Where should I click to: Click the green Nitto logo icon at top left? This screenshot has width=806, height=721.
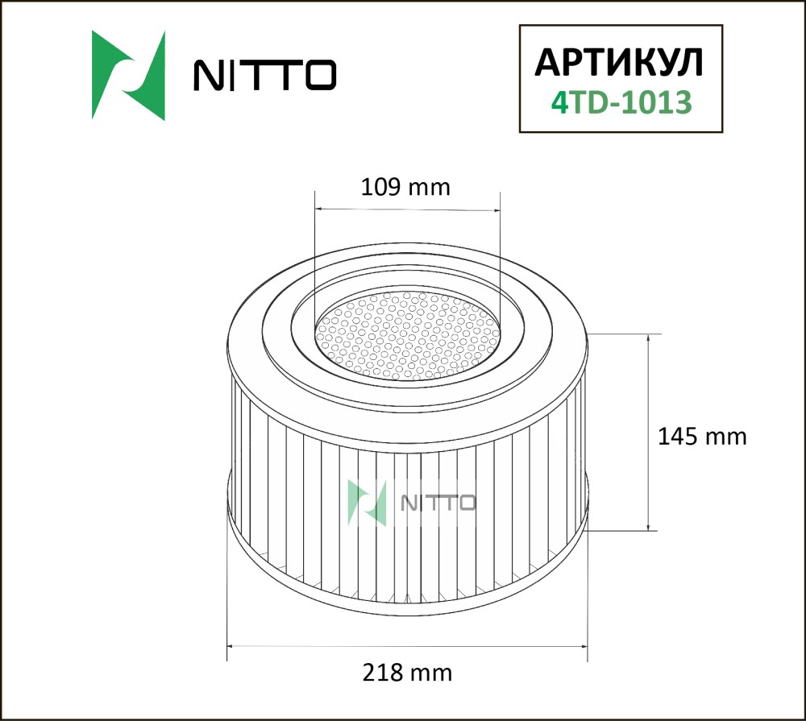pos(128,76)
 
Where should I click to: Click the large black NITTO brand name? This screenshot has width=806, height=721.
pos(264,75)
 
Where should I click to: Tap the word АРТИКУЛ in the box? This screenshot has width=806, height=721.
pos(619,63)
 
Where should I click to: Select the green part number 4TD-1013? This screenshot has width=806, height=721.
pos(621,102)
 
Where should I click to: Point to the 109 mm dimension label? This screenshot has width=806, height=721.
pos(405,187)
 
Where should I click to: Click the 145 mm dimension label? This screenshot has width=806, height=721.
pos(702,437)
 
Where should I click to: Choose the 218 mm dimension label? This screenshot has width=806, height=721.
pos(407,672)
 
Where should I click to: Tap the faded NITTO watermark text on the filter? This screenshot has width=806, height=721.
pos(438,503)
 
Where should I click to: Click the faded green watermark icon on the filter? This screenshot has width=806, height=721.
pos(367,503)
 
